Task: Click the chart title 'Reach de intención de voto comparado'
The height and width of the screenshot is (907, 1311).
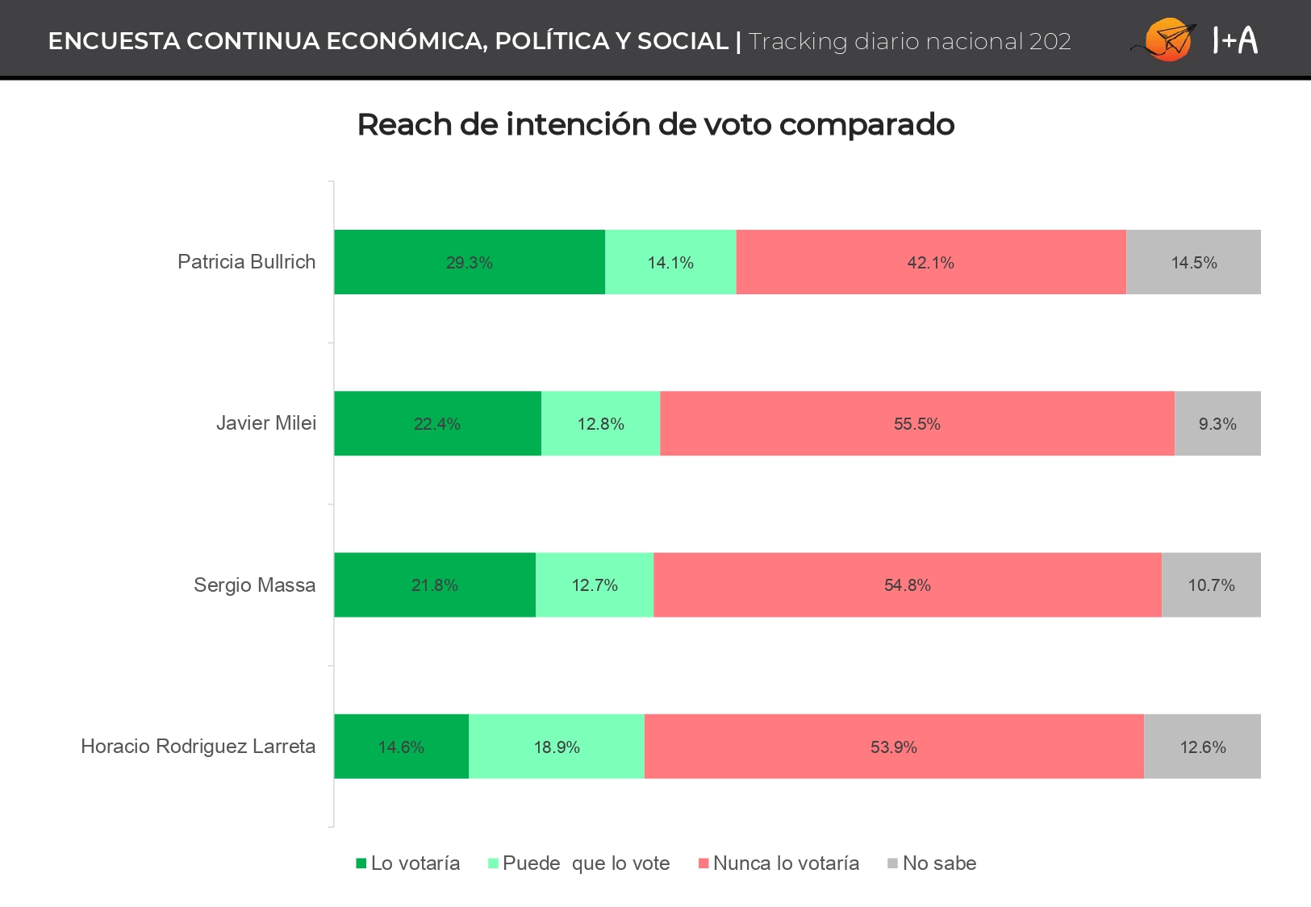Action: [655, 124]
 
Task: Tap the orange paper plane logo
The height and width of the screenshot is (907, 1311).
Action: [1165, 40]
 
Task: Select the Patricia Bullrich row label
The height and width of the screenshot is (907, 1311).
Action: [246, 261]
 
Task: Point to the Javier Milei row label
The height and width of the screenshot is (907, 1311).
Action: [266, 422]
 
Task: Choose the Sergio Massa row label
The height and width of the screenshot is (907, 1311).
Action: [255, 585]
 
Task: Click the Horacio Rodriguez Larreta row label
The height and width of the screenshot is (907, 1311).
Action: [198, 747]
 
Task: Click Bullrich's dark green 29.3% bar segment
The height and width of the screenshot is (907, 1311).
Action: [470, 262]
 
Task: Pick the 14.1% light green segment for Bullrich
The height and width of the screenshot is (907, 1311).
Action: [670, 262]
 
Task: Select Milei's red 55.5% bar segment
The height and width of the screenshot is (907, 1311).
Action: [917, 423]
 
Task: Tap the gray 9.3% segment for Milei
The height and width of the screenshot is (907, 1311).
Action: [1218, 423]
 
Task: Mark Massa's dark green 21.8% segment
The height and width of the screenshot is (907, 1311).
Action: [435, 585]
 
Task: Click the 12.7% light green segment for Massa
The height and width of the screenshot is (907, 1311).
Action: [595, 585]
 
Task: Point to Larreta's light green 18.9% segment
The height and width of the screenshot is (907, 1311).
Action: [557, 747]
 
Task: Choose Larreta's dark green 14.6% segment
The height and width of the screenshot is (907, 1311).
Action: [402, 747]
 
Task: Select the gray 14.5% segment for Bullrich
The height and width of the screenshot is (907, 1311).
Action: [1194, 262]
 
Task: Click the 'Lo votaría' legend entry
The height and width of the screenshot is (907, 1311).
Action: [408, 863]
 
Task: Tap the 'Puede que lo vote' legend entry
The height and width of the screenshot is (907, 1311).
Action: [578, 863]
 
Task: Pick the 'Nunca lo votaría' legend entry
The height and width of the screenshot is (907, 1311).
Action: [779, 863]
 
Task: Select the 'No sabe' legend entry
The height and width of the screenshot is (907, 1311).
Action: [933, 863]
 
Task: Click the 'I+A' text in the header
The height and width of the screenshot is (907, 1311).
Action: [1235, 40]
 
